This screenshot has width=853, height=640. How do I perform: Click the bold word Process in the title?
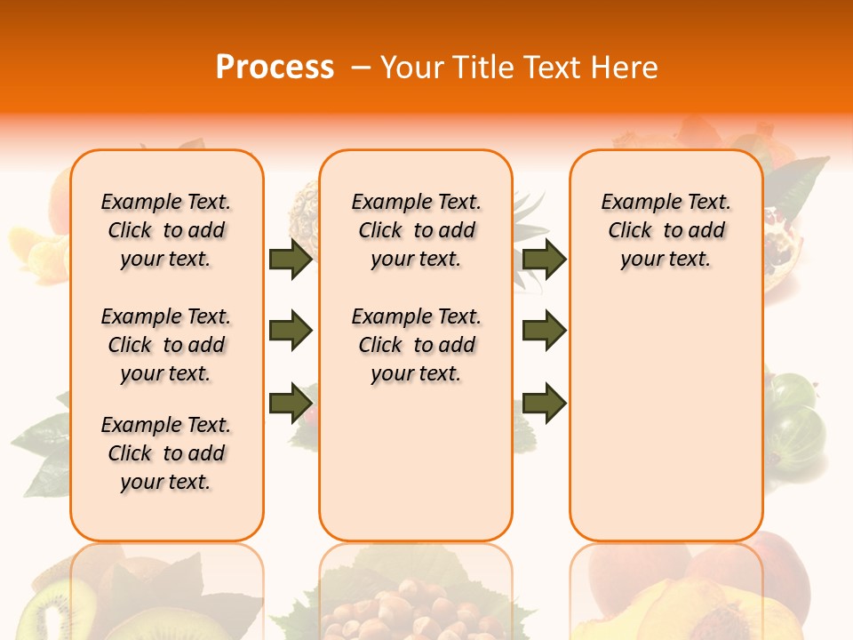pos(275,68)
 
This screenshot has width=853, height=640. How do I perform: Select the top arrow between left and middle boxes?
pos(290,260)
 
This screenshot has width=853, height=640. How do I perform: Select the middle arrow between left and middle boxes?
pos(290,331)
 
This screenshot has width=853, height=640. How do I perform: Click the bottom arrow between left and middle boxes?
pos(290,403)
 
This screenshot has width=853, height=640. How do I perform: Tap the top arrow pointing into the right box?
pos(544,259)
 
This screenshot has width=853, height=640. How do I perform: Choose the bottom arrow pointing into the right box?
pos(544,403)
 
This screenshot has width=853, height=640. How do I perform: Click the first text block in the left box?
pos(166,230)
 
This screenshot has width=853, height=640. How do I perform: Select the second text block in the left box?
pos(166,345)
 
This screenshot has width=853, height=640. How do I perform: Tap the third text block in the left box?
pos(166,453)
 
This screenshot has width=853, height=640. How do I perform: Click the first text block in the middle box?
pos(416,230)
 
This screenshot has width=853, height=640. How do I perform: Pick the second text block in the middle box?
pos(416,345)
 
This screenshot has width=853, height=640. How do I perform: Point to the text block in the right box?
pos(666,230)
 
